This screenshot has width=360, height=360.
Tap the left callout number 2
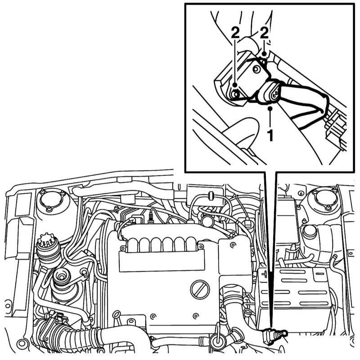point(235,34)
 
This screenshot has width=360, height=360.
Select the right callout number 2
point(265,34)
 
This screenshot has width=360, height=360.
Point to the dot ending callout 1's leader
point(271,108)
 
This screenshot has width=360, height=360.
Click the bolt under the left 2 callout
point(235,93)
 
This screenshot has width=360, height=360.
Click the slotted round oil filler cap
point(200,289)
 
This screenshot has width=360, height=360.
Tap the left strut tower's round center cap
point(50,199)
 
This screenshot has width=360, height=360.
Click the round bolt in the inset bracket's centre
point(256,69)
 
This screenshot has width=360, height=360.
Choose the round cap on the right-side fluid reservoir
point(309,231)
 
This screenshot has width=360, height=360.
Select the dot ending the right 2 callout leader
point(265,54)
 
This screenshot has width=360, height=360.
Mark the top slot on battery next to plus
point(292,271)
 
